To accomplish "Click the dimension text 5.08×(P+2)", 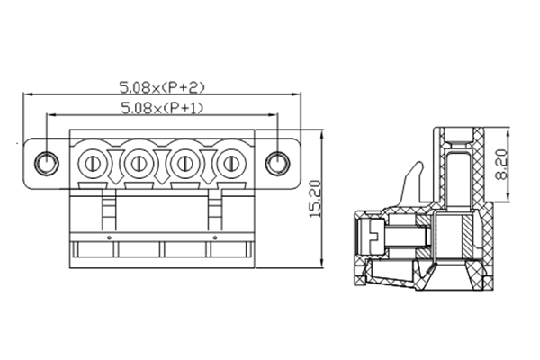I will pyautogui.click(x=163, y=87).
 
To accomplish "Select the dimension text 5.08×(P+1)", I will pyautogui.click(x=163, y=108).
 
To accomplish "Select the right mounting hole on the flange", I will pyautogui.click(x=279, y=163).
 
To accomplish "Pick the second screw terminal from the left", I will pyautogui.click(x=139, y=164).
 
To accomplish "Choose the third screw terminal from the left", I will pyautogui.click(x=185, y=164).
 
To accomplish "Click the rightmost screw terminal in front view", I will pyautogui.click(x=231, y=164).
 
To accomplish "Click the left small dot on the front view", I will pyautogui.click(x=110, y=238).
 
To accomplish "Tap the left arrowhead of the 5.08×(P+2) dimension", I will pyautogui.click(x=27, y=94).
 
